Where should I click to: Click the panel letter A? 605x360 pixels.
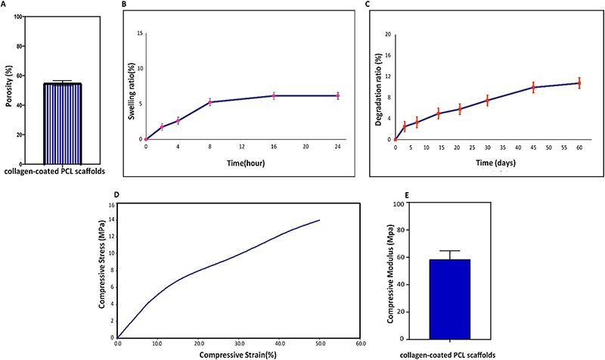click(5, 4)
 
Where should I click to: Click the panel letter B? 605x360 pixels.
click(116, 4)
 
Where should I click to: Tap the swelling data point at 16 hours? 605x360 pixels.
click(274, 95)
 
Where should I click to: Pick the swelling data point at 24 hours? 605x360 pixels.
click(337, 95)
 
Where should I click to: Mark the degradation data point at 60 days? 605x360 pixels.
click(579, 82)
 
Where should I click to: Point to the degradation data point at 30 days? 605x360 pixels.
click(487, 101)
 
